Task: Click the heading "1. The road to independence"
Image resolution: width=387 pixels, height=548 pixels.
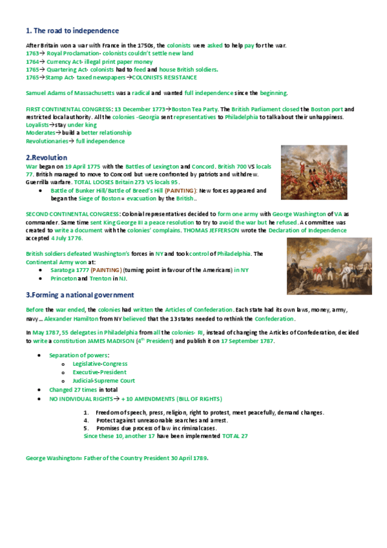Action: (x=72, y=30)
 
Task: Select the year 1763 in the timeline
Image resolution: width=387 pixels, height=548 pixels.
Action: (x=32, y=54)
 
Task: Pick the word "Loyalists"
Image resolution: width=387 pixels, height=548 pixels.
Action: (x=37, y=125)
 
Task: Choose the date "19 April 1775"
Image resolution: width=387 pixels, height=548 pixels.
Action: (x=83, y=167)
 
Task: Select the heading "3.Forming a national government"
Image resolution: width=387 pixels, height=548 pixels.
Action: (x=79, y=294)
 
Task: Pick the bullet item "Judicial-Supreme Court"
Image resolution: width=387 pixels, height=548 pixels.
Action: (x=103, y=381)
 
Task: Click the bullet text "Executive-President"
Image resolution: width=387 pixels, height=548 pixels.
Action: (x=99, y=372)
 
